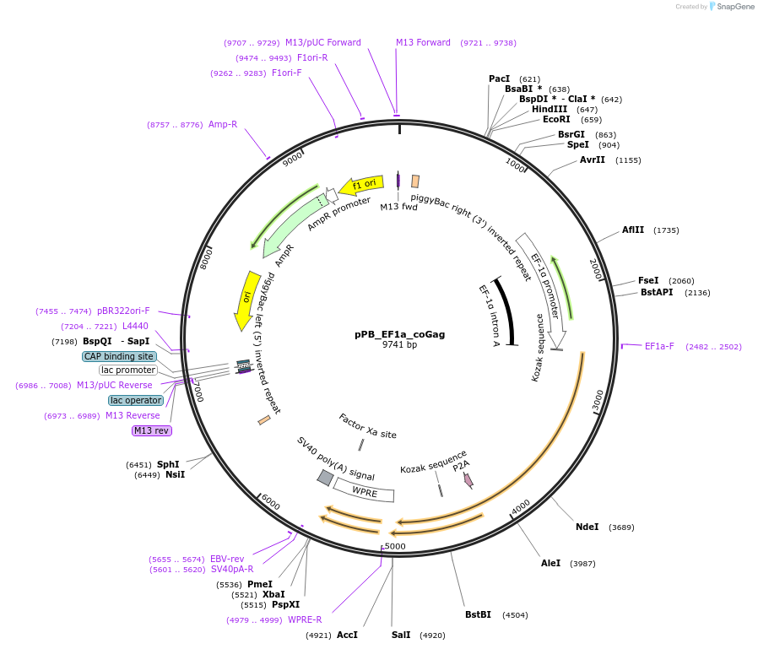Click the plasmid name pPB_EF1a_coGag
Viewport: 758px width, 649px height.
click(399, 334)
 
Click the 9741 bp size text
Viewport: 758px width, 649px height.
click(399, 344)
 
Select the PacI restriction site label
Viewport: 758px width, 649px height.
click(499, 78)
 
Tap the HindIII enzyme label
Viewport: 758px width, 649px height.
click(549, 109)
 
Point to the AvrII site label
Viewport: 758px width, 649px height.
click(593, 160)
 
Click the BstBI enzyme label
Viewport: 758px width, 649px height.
click(478, 614)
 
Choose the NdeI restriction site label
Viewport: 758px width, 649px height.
click(587, 527)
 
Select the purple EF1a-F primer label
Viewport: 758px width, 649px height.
click(659, 346)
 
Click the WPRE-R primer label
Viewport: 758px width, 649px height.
click(305, 619)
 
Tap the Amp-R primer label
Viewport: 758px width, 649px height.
click(223, 124)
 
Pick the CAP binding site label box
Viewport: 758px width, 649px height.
click(119, 356)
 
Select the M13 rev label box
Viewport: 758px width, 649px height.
click(151, 430)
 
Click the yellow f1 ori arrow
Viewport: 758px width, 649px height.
click(362, 184)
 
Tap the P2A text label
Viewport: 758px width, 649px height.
click(460, 466)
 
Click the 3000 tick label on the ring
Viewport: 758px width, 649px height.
click(598, 400)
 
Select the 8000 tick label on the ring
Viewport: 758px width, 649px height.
click(206, 258)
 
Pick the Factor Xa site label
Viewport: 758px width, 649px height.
click(367, 426)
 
